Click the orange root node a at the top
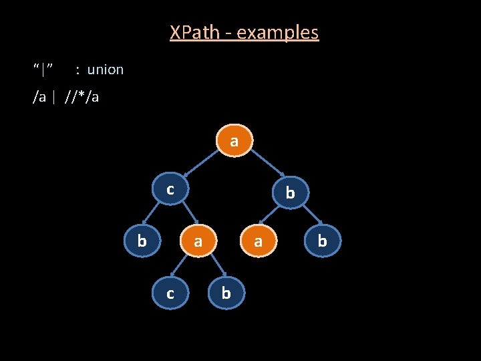coord(233,141)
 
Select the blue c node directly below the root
coord(170,190)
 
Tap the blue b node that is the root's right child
coord(289,193)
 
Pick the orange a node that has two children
coord(198,241)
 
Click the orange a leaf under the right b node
coord(259,241)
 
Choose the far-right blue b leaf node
coord(322,241)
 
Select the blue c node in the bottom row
coord(170,293)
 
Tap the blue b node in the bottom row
coord(226,293)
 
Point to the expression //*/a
coord(82,98)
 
